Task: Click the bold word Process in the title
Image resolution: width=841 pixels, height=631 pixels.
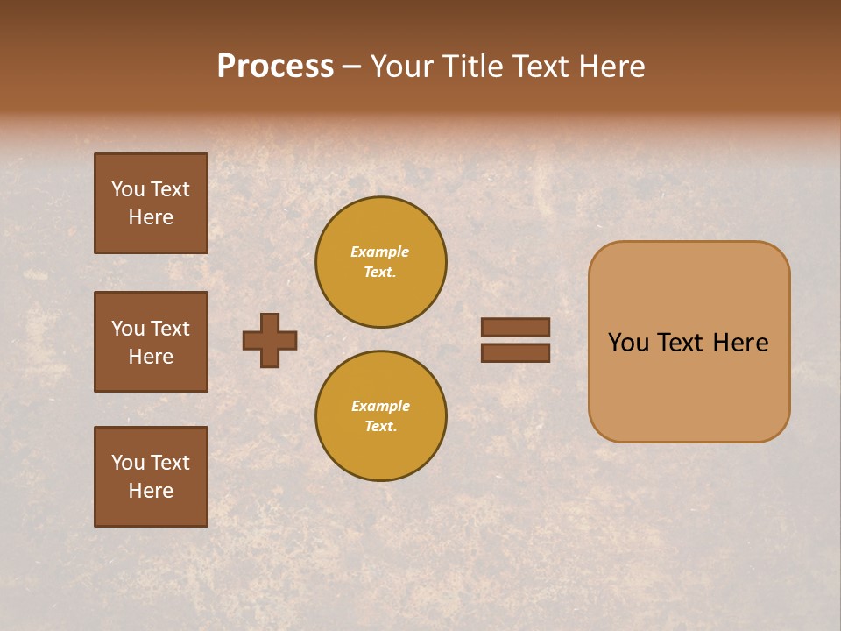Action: coord(275,66)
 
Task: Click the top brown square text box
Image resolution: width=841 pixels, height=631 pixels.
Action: coord(151,203)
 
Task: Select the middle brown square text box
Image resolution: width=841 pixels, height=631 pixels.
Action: coord(151,342)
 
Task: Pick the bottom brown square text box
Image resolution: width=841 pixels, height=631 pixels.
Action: coord(151,477)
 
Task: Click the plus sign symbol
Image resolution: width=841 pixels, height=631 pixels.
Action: coord(270,340)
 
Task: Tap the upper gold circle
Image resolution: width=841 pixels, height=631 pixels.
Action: coord(381,261)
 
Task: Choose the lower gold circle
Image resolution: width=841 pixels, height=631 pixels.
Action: coord(381,415)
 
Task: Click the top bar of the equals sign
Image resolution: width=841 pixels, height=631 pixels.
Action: coord(516,327)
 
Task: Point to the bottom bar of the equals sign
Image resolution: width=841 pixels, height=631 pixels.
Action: coord(516,353)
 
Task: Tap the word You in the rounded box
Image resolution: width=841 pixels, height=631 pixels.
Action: coord(629,343)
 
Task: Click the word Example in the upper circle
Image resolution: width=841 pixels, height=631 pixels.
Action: coord(380,252)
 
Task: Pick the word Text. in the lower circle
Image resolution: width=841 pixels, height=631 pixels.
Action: coord(380,426)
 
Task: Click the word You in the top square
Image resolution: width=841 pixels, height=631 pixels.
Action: coord(128,189)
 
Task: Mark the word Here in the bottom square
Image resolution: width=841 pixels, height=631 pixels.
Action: coord(151,491)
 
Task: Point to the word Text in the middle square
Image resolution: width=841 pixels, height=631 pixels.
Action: coord(170,329)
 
